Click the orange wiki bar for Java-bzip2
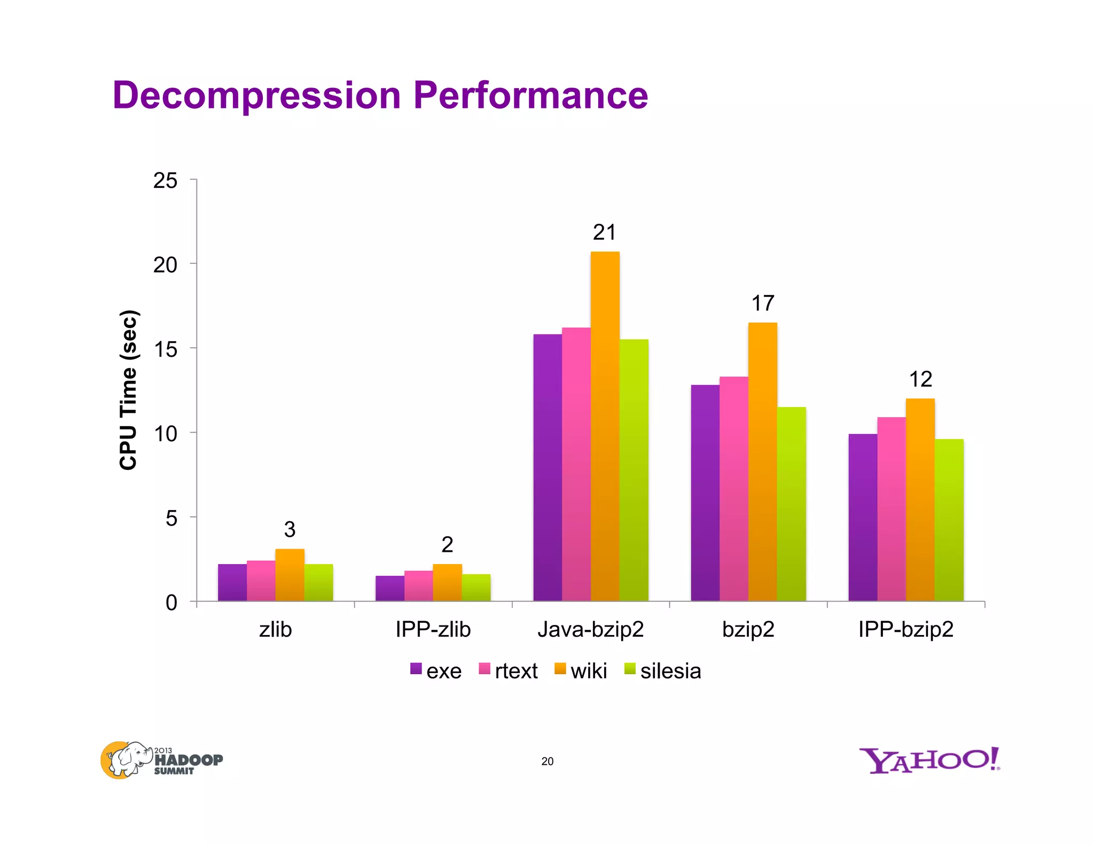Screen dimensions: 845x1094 pyautogui.click(x=605, y=427)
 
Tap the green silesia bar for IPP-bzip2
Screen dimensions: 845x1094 pyautogui.click(x=949, y=521)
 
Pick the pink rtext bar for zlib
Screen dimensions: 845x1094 pyautogui.click(x=261, y=581)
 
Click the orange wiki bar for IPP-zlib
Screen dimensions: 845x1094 pyautogui.click(x=447, y=583)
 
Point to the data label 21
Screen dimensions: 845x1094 pyautogui.click(x=605, y=233)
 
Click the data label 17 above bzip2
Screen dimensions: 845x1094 pyautogui.click(x=763, y=304)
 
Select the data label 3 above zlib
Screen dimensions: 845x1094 pyautogui.click(x=290, y=530)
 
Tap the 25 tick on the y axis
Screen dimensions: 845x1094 pyautogui.click(x=165, y=181)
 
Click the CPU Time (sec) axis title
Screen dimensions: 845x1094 pyautogui.click(x=129, y=390)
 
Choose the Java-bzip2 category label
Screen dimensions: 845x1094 pyautogui.click(x=591, y=630)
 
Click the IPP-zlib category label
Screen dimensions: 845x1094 pyautogui.click(x=433, y=630)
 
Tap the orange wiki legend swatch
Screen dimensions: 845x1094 pyautogui.click(x=560, y=669)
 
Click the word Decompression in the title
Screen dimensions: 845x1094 pyautogui.click(x=256, y=96)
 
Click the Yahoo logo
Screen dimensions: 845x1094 pyautogui.click(x=929, y=761)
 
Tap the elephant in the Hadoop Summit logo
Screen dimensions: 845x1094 pyautogui.click(x=127, y=759)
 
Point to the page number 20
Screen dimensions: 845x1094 pyautogui.click(x=548, y=762)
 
